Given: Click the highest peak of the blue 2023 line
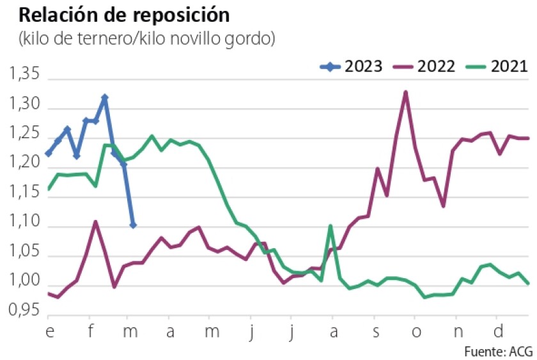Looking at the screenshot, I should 105,98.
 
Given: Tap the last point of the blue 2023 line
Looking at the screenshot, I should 133,225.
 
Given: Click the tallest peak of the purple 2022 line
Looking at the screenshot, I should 405,92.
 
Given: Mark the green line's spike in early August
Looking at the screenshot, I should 330,226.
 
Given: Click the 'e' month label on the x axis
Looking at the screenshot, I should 49,332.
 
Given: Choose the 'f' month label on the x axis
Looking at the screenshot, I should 89,332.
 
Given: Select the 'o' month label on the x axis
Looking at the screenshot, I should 415,332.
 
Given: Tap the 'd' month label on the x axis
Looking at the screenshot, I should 497,332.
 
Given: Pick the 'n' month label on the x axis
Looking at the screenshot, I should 456,332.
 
